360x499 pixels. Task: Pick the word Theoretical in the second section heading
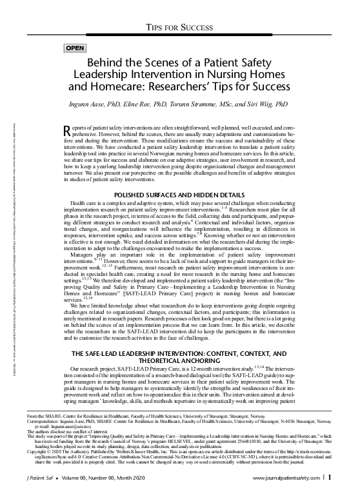(x=181, y=342)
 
